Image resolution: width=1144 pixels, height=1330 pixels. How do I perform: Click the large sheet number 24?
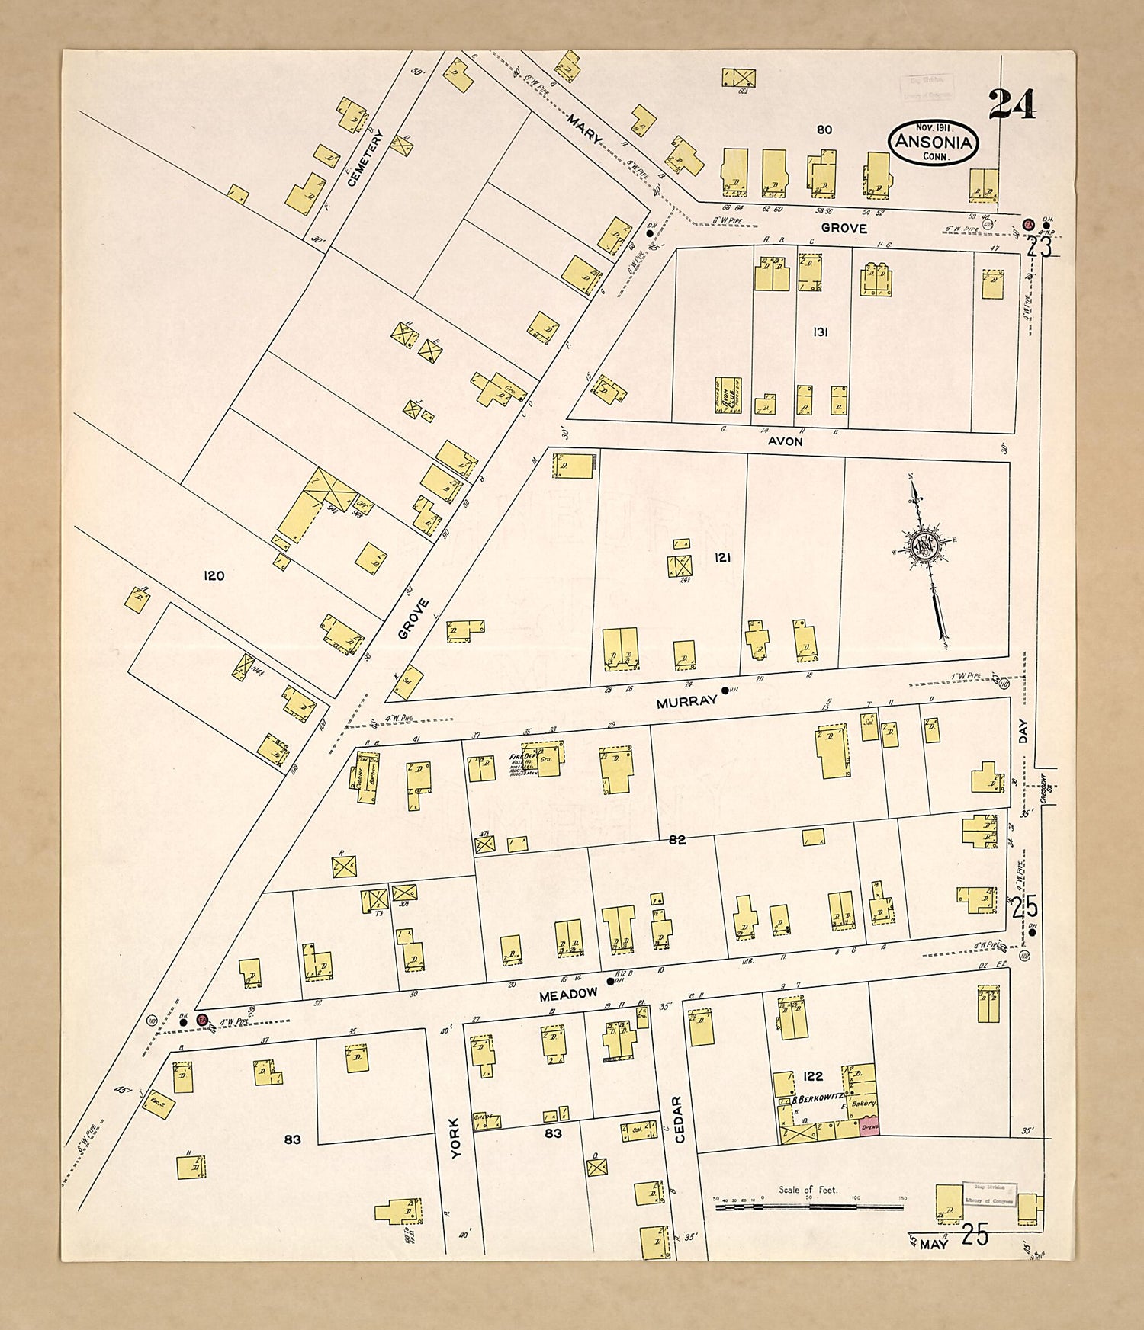1012,104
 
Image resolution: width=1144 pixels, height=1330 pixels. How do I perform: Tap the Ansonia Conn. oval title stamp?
933,143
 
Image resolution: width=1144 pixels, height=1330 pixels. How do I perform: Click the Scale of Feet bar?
808,1207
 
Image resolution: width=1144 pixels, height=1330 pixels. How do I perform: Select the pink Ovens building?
870,1126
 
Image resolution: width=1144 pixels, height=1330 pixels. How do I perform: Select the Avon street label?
785,441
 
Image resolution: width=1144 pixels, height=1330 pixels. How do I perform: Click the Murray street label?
686,702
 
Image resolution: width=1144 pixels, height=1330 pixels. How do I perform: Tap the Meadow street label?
568,995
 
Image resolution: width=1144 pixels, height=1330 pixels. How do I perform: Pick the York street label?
455,1139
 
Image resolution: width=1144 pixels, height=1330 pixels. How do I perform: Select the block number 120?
214,575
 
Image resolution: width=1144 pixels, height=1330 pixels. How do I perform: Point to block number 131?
820,332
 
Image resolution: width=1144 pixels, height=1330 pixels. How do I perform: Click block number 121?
722,558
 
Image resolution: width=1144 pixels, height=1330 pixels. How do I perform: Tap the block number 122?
813,1076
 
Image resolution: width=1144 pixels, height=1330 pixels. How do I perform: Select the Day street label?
1023,732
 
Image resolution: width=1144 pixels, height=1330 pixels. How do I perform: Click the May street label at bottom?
933,1245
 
